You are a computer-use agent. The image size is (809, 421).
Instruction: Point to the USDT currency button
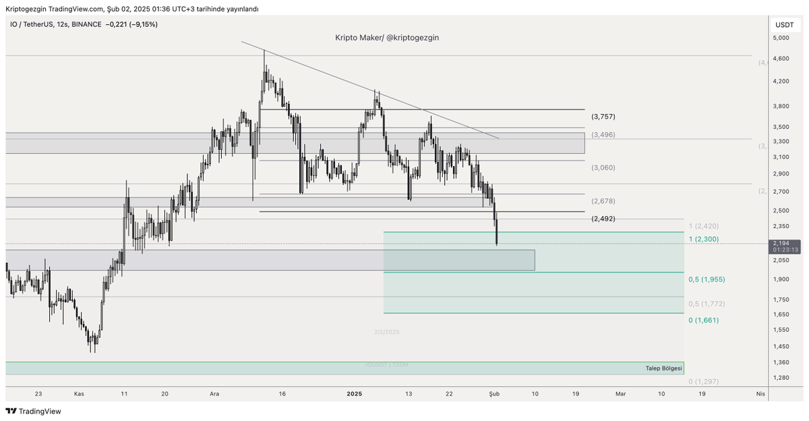point(785,25)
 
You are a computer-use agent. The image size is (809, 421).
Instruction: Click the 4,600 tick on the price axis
point(781,59)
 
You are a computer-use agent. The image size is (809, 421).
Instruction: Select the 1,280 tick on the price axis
point(781,377)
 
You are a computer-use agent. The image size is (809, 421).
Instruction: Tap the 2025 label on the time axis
point(355,393)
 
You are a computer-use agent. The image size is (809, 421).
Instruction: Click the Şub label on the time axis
point(493,393)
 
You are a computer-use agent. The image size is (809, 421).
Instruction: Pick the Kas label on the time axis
point(79,393)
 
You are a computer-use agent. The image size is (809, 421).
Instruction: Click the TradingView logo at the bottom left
point(34,411)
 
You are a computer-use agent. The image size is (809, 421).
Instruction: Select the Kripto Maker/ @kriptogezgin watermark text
point(387,38)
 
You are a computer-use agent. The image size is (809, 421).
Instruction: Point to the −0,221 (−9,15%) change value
point(132,24)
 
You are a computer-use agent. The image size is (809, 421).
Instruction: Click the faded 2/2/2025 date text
point(387,332)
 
